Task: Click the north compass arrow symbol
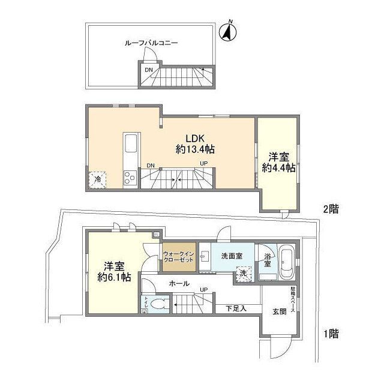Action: (x=228, y=33)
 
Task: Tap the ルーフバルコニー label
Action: (x=151, y=43)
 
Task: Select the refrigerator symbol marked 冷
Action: (x=96, y=178)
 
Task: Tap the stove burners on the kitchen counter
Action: (x=130, y=176)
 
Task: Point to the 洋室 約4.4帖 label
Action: (x=278, y=163)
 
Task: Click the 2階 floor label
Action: (x=331, y=209)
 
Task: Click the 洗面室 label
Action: (x=231, y=256)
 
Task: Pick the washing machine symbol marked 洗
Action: (x=244, y=273)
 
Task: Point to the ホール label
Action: (x=179, y=283)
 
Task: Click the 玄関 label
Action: (x=280, y=311)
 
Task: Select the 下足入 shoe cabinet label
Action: (x=235, y=308)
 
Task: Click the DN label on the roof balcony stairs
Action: (x=148, y=70)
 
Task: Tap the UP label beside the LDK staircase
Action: (x=203, y=163)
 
